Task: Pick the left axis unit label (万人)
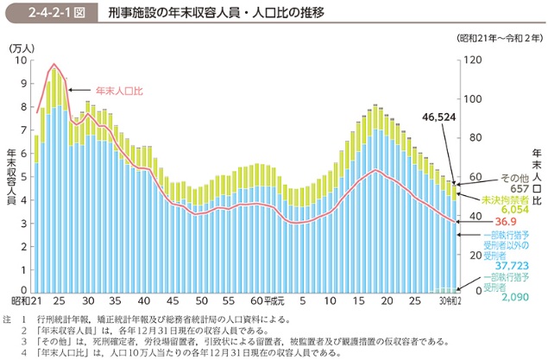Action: tap(22, 48)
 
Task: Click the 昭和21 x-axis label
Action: tap(26, 302)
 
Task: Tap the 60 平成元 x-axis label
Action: tap(265, 302)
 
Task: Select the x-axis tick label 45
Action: tap(173, 302)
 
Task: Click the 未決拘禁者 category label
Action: tap(504, 199)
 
